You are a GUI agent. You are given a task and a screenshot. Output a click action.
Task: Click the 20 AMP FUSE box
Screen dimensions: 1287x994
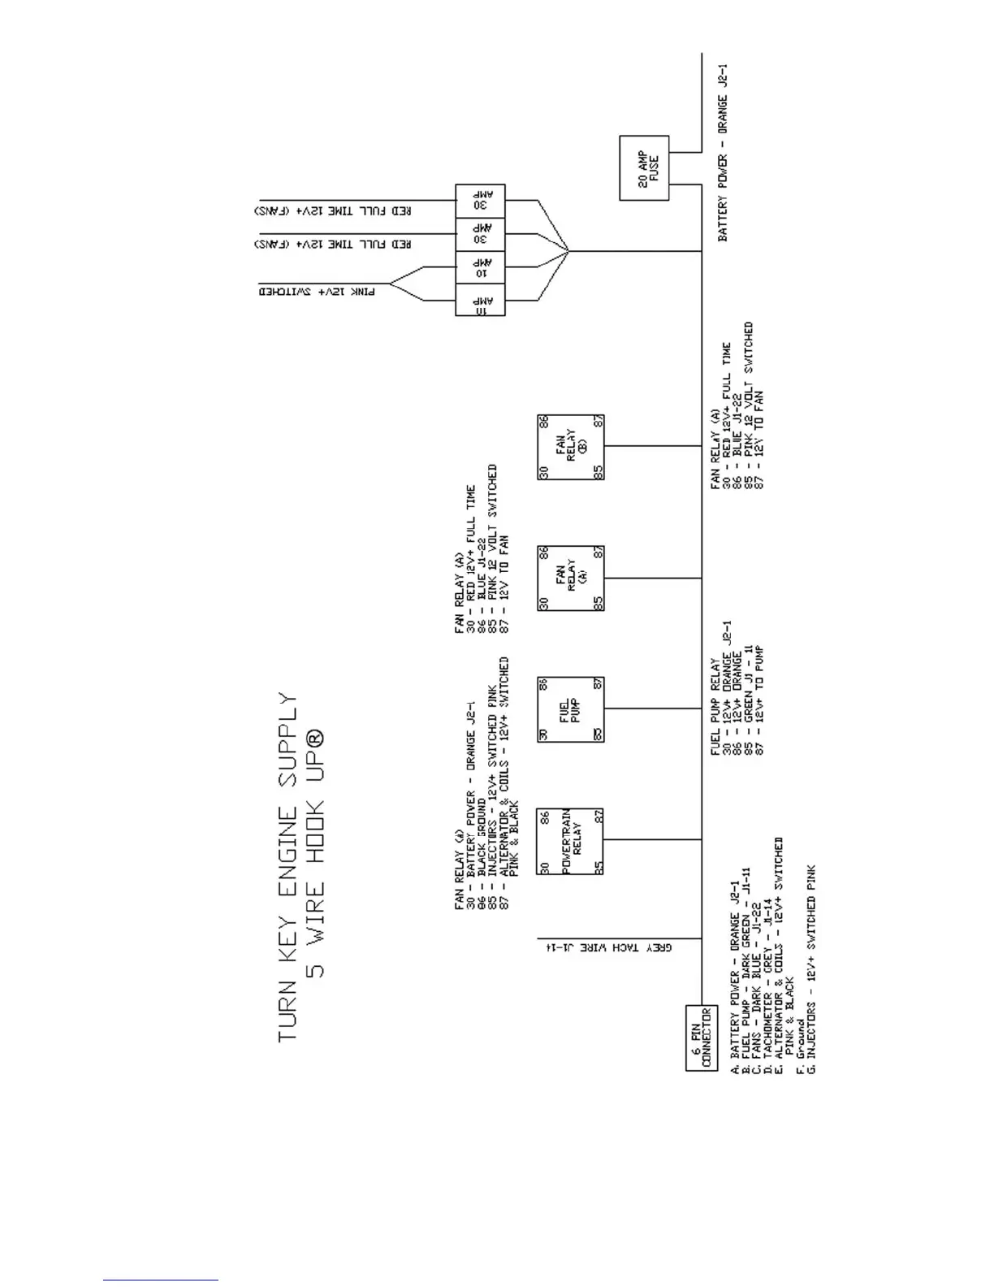click(644, 168)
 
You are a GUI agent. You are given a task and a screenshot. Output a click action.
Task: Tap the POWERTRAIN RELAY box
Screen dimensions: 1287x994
click(570, 841)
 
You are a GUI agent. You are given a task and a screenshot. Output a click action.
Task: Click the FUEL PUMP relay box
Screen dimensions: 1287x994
click(570, 708)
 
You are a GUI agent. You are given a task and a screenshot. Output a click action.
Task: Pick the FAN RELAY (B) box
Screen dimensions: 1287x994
click(571, 447)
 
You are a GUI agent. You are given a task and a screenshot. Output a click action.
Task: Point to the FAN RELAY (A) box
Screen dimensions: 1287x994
click(571, 578)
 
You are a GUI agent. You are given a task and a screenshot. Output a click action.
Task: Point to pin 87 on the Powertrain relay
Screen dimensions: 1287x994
click(598, 816)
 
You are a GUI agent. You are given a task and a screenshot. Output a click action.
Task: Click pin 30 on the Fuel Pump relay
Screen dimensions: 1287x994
click(543, 734)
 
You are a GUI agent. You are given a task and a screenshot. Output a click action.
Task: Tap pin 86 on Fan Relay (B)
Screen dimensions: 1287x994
click(543, 422)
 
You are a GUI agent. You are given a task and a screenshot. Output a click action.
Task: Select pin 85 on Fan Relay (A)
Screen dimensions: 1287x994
click(598, 604)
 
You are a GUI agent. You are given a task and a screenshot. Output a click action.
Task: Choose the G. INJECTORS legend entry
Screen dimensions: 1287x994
click(810, 971)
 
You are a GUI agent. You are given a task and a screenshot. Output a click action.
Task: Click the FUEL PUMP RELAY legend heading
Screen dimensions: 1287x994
click(715, 706)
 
